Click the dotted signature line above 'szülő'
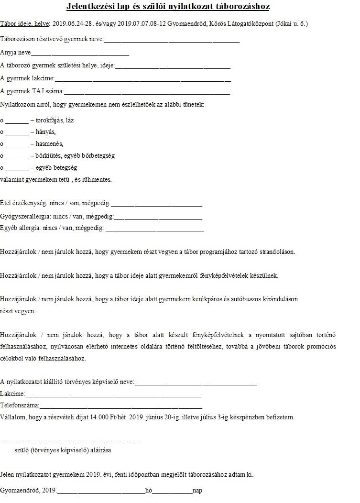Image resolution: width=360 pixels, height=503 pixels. (71, 442)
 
